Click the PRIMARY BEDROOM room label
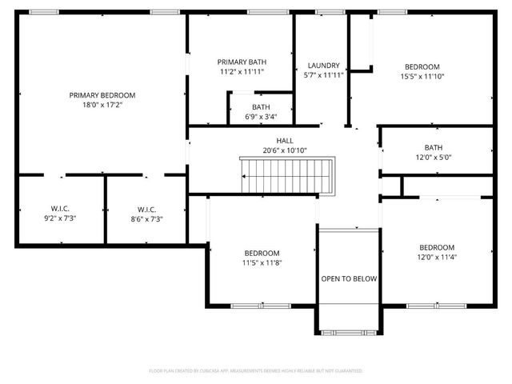(x=102, y=95)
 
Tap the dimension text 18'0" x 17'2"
(x=102, y=105)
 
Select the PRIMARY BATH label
(x=242, y=62)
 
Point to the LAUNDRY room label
(x=324, y=66)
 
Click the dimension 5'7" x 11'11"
(x=324, y=75)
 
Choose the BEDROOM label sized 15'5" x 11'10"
(x=422, y=67)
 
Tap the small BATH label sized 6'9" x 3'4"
(x=261, y=106)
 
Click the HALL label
(x=284, y=141)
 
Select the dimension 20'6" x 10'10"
(x=284, y=150)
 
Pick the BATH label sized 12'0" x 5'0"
(x=433, y=147)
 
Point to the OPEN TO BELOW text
(x=349, y=279)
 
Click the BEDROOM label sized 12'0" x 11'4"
(x=437, y=247)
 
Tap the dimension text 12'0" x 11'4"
(x=437, y=257)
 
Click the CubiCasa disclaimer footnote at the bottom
(x=256, y=371)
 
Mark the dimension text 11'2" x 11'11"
(x=242, y=71)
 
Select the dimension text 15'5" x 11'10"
(x=422, y=77)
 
